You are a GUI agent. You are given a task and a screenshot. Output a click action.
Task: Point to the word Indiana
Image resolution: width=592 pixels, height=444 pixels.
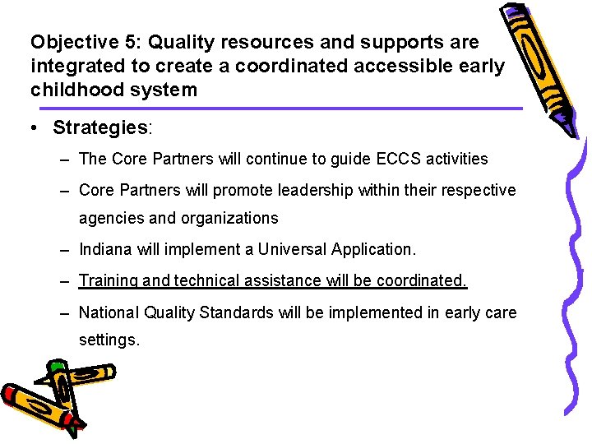click(108, 249)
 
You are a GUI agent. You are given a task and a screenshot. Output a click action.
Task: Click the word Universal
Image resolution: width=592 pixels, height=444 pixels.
click(294, 249)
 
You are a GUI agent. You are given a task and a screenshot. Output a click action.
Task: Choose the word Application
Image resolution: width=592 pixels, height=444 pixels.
click(374, 249)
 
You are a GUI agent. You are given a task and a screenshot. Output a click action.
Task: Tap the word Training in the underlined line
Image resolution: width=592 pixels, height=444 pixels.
click(108, 280)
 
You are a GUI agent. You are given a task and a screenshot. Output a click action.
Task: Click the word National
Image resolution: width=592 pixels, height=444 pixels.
click(109, 312)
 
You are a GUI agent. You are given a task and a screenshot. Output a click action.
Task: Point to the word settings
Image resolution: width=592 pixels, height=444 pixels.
click(109, 339)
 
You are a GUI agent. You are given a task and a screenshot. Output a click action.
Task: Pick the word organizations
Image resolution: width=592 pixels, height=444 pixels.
click(229, 218)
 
